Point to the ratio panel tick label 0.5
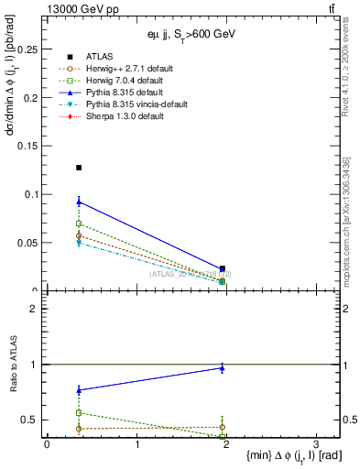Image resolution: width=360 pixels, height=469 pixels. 32,420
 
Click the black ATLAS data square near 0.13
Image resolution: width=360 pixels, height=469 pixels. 79,168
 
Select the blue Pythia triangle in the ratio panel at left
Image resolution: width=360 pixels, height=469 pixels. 79,390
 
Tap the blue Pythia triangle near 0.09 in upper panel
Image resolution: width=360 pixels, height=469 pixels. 79,202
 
